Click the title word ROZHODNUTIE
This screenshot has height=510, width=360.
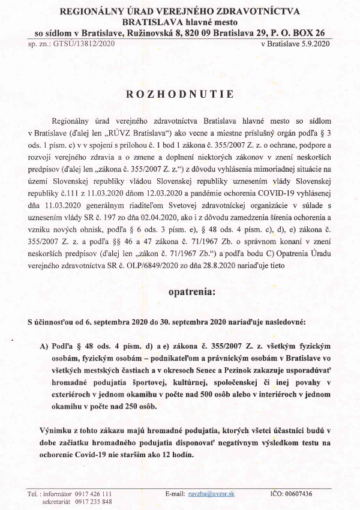tap(180, 94)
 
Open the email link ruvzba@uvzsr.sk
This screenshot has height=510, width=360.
tap(209, 493)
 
